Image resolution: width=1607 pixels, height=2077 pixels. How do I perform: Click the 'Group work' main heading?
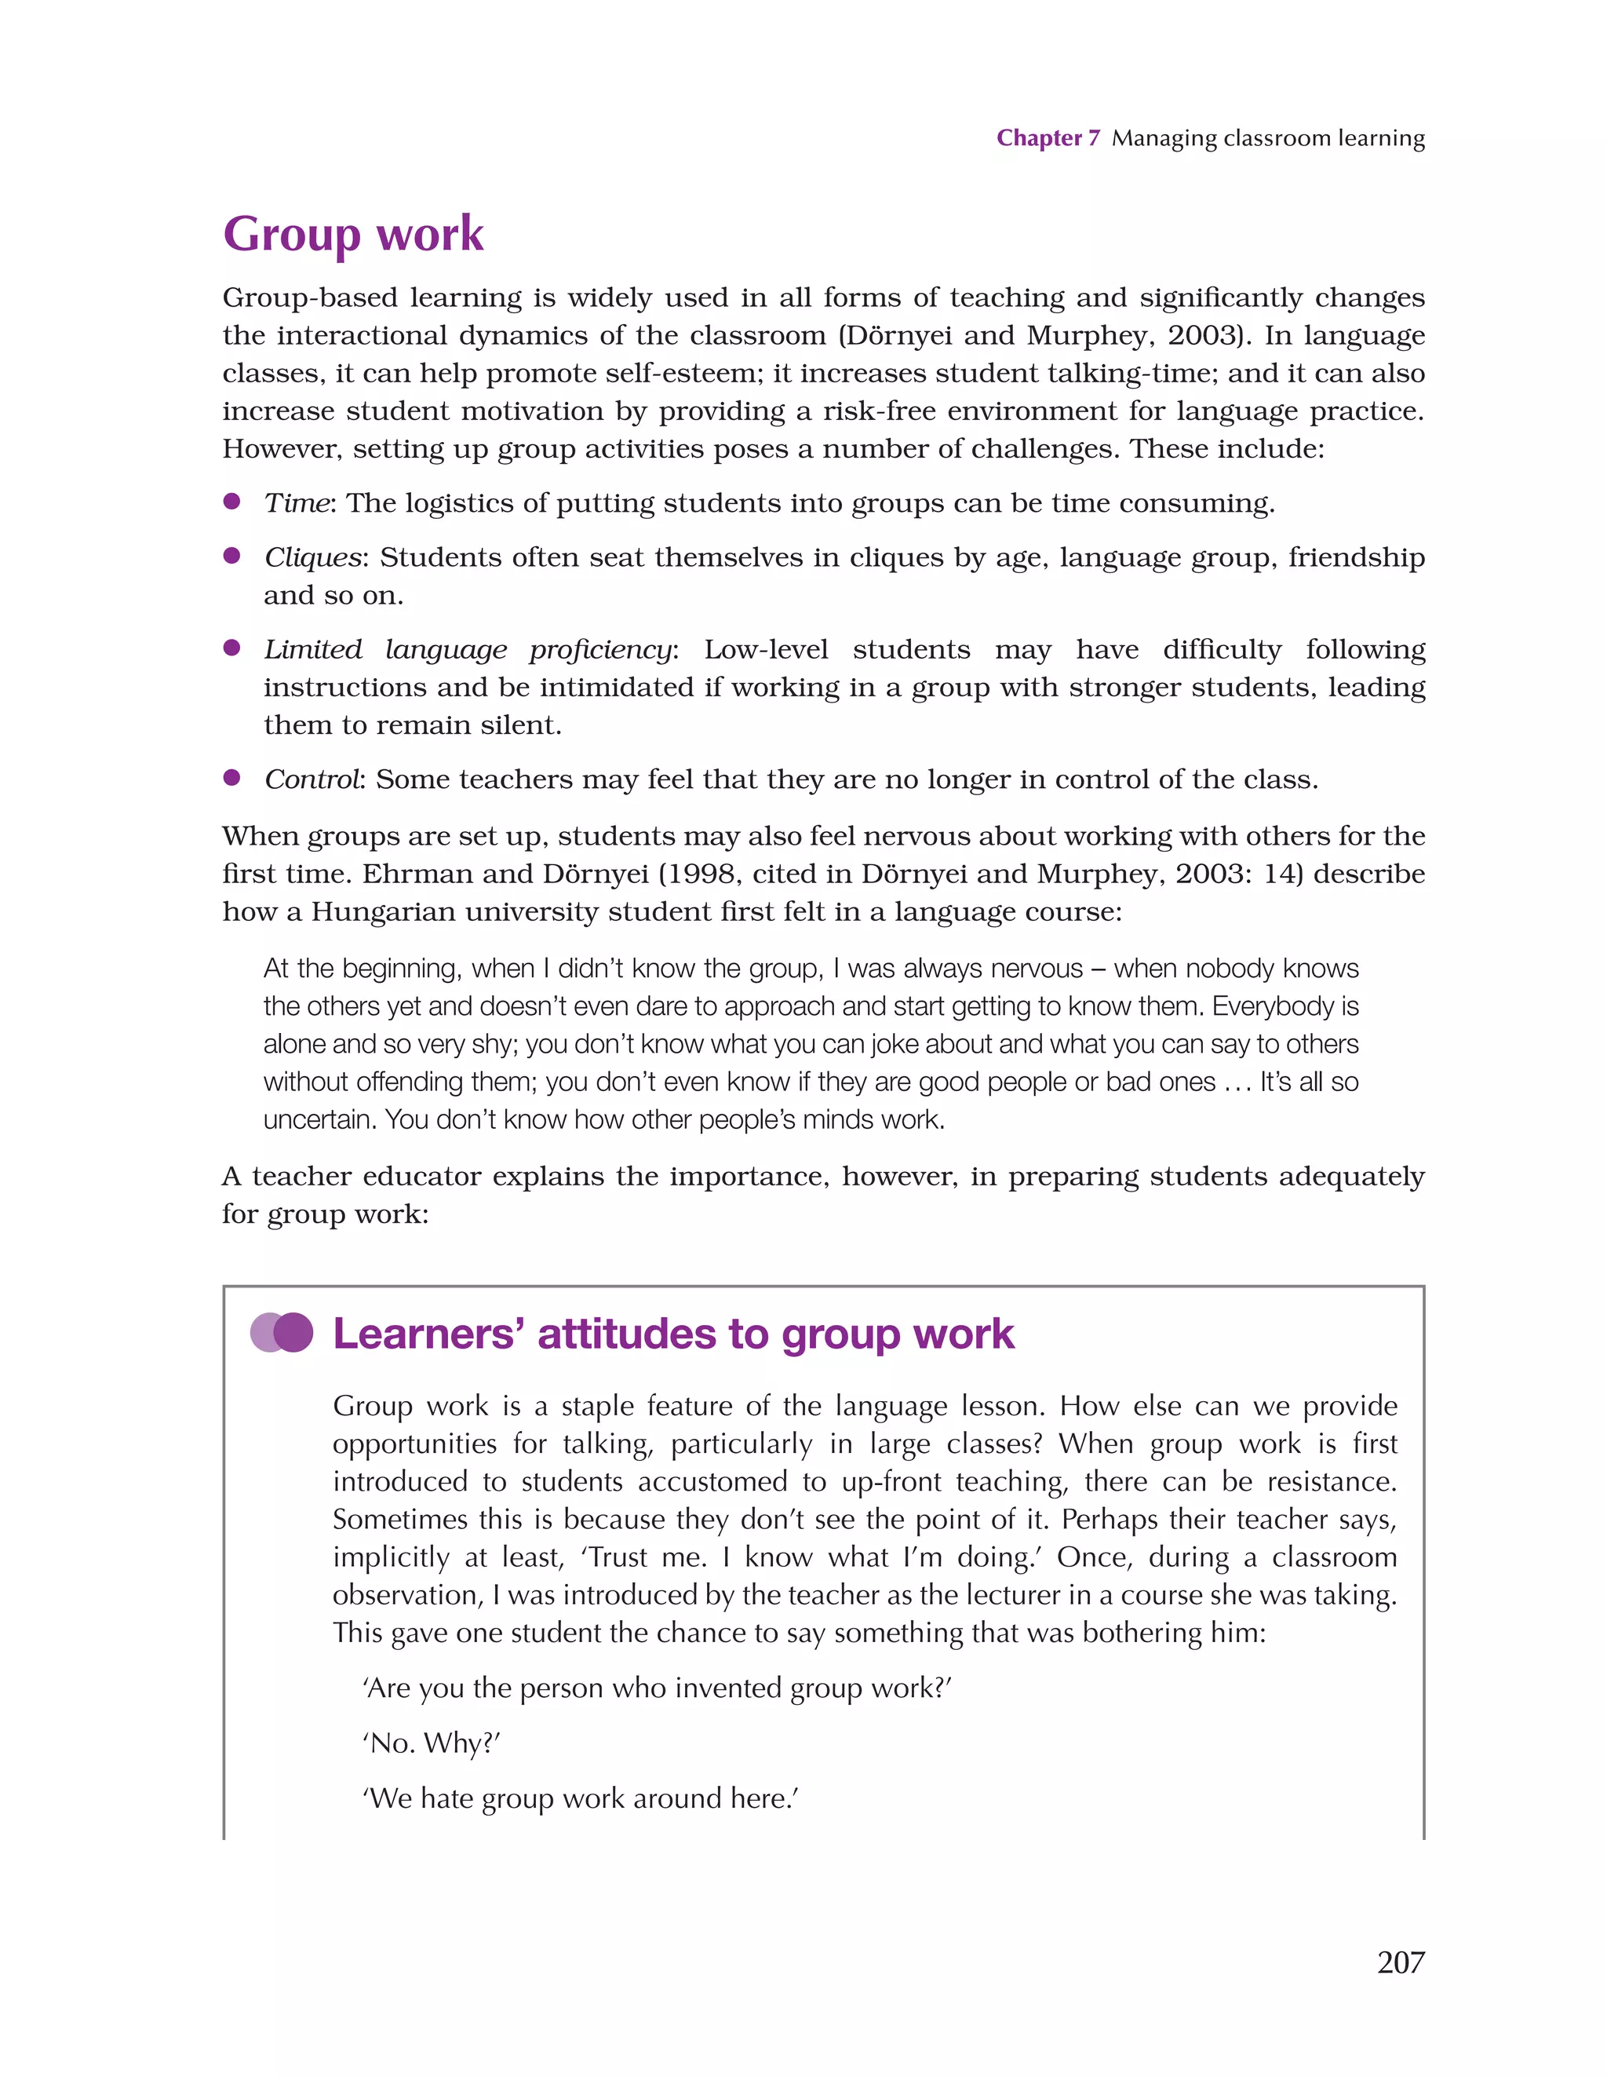[x=353, y=233]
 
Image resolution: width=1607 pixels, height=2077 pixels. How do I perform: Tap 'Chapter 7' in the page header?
[x=1047, y=138]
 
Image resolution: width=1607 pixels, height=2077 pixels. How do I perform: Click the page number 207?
[x=1400, y=1961]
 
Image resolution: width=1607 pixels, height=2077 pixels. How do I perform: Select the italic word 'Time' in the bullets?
[x=296, y=503]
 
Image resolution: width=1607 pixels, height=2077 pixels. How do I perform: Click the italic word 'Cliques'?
[x=313, y=557]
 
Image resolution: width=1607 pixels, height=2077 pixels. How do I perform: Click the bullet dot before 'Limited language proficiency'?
[x=231, y=648]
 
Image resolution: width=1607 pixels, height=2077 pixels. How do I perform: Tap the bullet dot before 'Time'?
[x=231, y=502]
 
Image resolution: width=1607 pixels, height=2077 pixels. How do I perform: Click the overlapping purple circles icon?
[x=282, y=1332]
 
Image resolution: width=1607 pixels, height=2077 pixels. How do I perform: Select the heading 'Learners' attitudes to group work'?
[x=673, y=1334]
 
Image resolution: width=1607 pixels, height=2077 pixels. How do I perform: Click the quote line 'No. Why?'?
[x=431, y=1743]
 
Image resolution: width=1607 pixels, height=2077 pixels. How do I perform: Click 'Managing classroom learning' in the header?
[x=1267, y=138]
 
